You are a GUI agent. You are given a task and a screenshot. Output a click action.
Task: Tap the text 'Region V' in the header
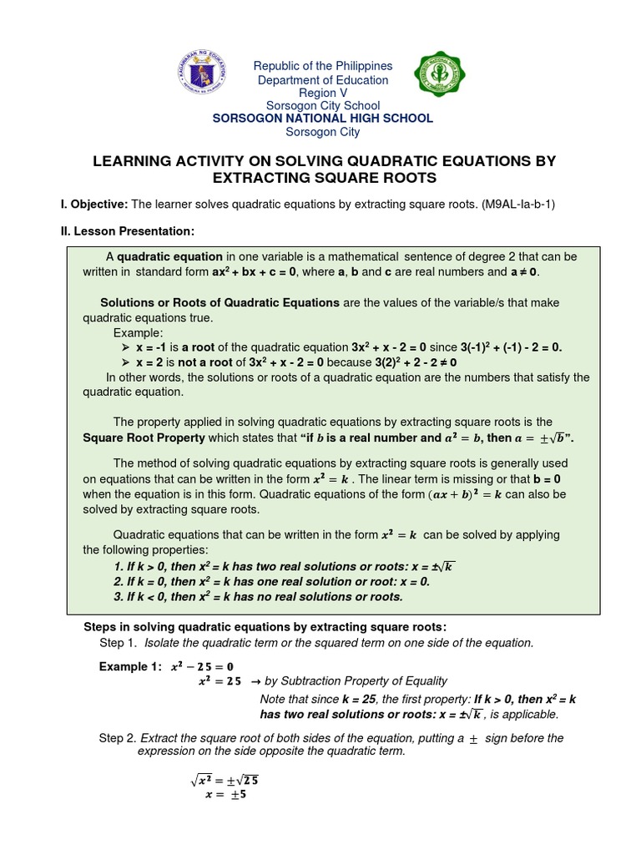point(322,93)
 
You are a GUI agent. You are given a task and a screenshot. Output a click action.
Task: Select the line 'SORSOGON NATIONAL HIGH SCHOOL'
point(322,119)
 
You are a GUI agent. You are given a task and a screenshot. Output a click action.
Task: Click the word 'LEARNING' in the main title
point(136,160)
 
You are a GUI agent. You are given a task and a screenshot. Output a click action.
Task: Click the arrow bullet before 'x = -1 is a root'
point(127,347)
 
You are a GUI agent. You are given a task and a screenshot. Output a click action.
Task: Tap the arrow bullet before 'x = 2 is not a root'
point(127,362)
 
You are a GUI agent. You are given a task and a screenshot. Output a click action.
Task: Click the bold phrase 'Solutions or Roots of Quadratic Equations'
point(220,302)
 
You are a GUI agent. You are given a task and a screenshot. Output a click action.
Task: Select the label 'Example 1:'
point(129,666)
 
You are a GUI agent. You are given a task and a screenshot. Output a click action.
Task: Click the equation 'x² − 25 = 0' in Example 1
point(202,666)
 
